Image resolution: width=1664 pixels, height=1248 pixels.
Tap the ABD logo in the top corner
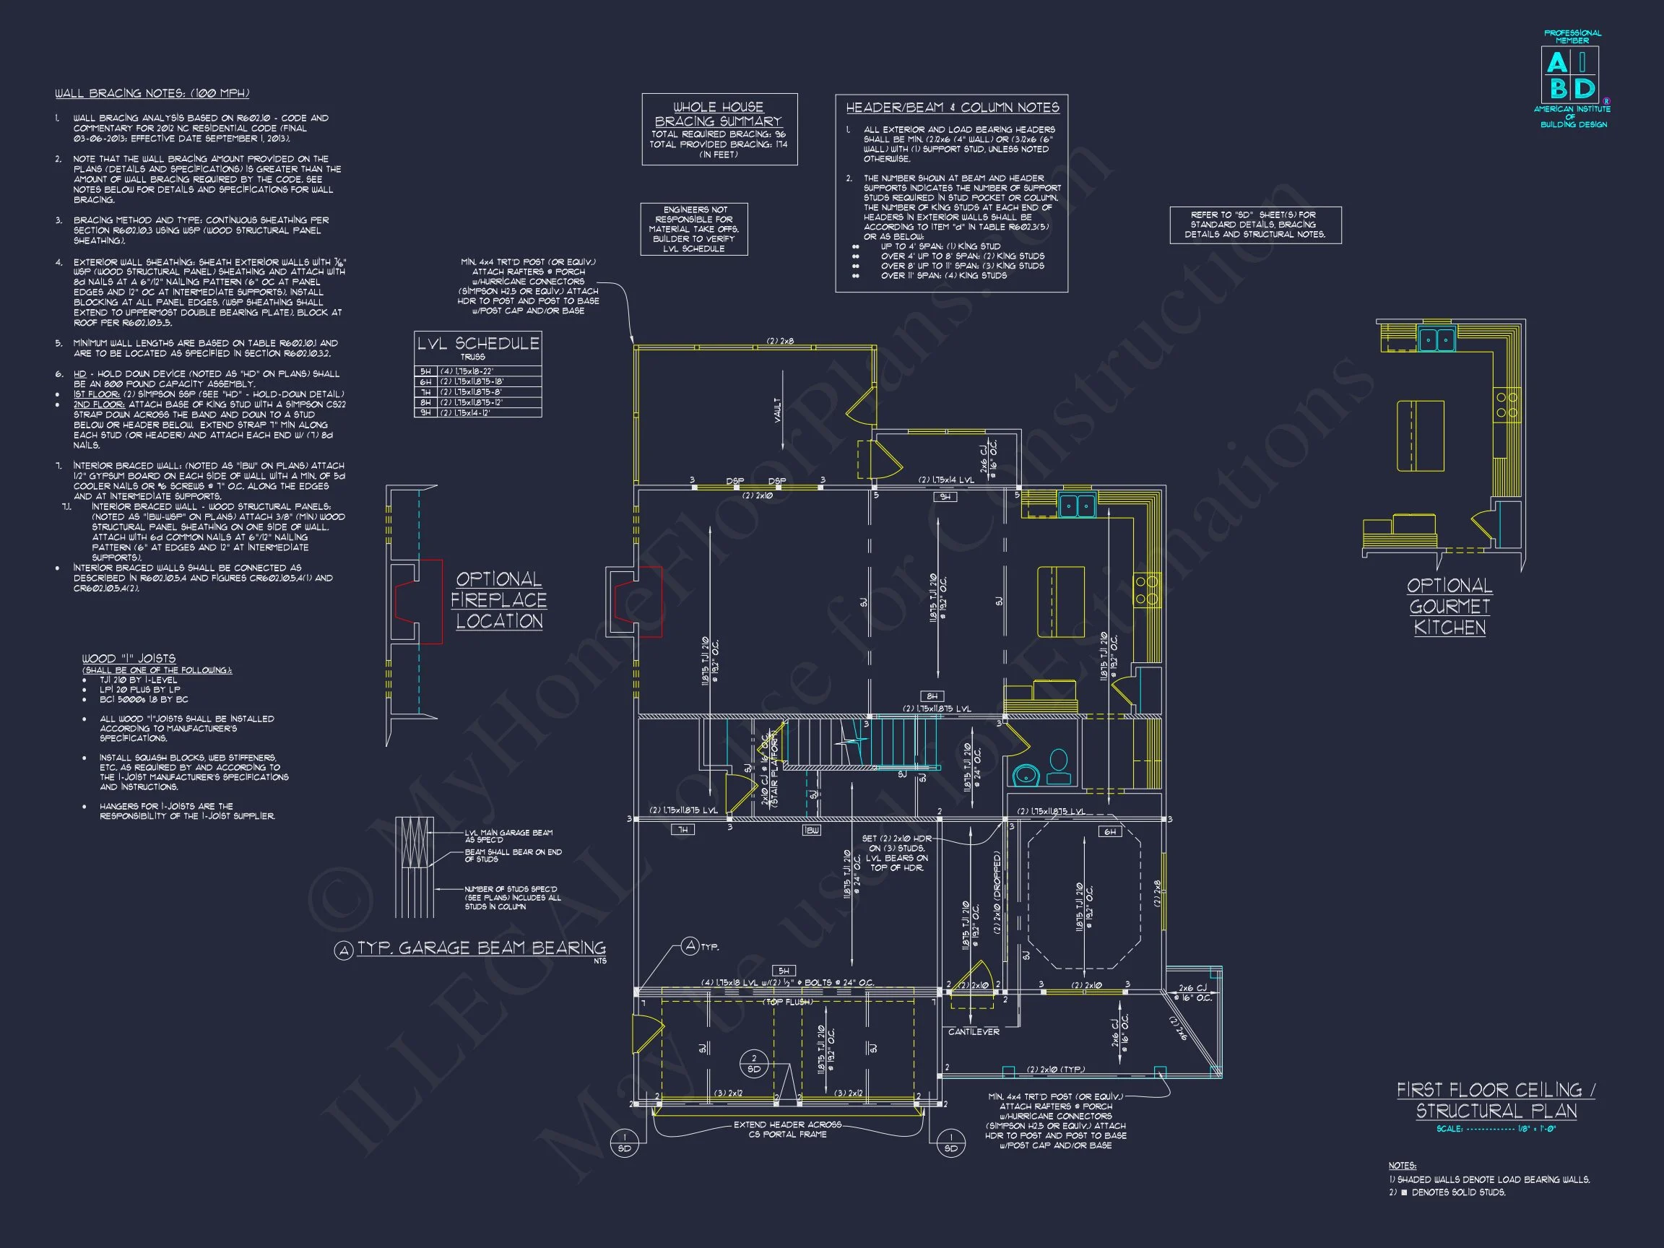pos(1572,75)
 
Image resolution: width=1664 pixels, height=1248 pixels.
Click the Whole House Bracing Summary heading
pos(718,114)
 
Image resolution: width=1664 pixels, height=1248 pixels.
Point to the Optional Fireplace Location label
pos(499,599)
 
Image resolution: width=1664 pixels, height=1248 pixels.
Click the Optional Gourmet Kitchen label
pos(1449,607)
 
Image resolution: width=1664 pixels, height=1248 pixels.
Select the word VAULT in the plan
pos(777,410)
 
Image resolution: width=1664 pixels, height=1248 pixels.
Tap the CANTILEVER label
pos(973,1031)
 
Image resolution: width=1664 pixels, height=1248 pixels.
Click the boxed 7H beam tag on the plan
pos(682,830)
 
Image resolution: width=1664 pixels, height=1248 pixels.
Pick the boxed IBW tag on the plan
pos(811,831)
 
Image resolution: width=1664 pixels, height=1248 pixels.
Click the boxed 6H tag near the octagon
pos(1109,832)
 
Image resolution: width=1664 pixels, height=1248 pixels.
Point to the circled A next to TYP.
pos(690,946)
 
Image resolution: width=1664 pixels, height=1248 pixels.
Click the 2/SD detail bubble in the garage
pos(754,1064)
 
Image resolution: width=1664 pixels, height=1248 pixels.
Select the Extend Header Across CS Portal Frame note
pos(787,1129)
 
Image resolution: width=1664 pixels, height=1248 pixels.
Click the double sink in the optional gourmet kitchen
pos(1436,340)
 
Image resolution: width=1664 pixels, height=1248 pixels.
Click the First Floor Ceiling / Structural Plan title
pos(1496,1101)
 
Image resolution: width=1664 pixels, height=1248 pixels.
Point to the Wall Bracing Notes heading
pos(152,93)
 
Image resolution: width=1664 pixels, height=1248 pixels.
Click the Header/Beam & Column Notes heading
pos(952,108)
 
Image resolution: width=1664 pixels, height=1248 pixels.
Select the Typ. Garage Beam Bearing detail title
pos(481,948)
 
